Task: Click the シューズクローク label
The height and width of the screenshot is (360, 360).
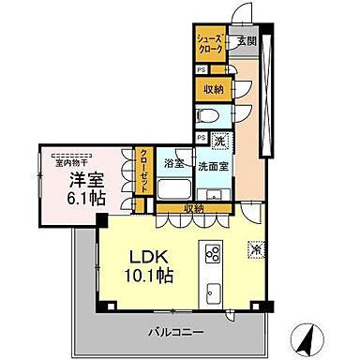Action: click(x=208, y=43)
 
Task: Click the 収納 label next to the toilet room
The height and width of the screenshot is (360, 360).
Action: click(x=213, y=89)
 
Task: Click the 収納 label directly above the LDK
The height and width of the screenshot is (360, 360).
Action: click(x=195, y=208)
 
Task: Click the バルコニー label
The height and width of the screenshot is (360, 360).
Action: click(x=175, y=332)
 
